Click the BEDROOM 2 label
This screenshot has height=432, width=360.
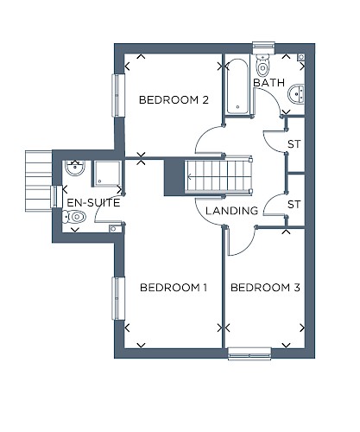pos(174,100)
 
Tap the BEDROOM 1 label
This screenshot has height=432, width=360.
pos(174,288)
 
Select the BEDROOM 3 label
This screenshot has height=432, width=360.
pos(265,288)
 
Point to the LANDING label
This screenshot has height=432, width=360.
pos(232,211)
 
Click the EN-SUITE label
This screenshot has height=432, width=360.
pos(93,203)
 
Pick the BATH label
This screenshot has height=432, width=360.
pos(269,83)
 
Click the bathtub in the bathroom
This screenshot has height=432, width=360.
pos(237,86)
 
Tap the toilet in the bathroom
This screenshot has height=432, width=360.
pos(262,65)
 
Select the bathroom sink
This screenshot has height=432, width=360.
pos(296,93)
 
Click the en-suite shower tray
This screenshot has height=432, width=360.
pos(106,174)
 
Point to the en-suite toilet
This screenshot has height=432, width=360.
pos(74,217)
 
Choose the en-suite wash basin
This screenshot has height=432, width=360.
pos(75,168)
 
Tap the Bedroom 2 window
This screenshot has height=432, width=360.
pos(117,95)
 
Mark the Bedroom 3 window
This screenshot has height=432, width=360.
pos(249,353)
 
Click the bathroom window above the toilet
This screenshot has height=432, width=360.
pos(264,48)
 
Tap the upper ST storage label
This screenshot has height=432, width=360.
pos(294,144)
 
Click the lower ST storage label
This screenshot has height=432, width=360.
pos(294,205)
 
